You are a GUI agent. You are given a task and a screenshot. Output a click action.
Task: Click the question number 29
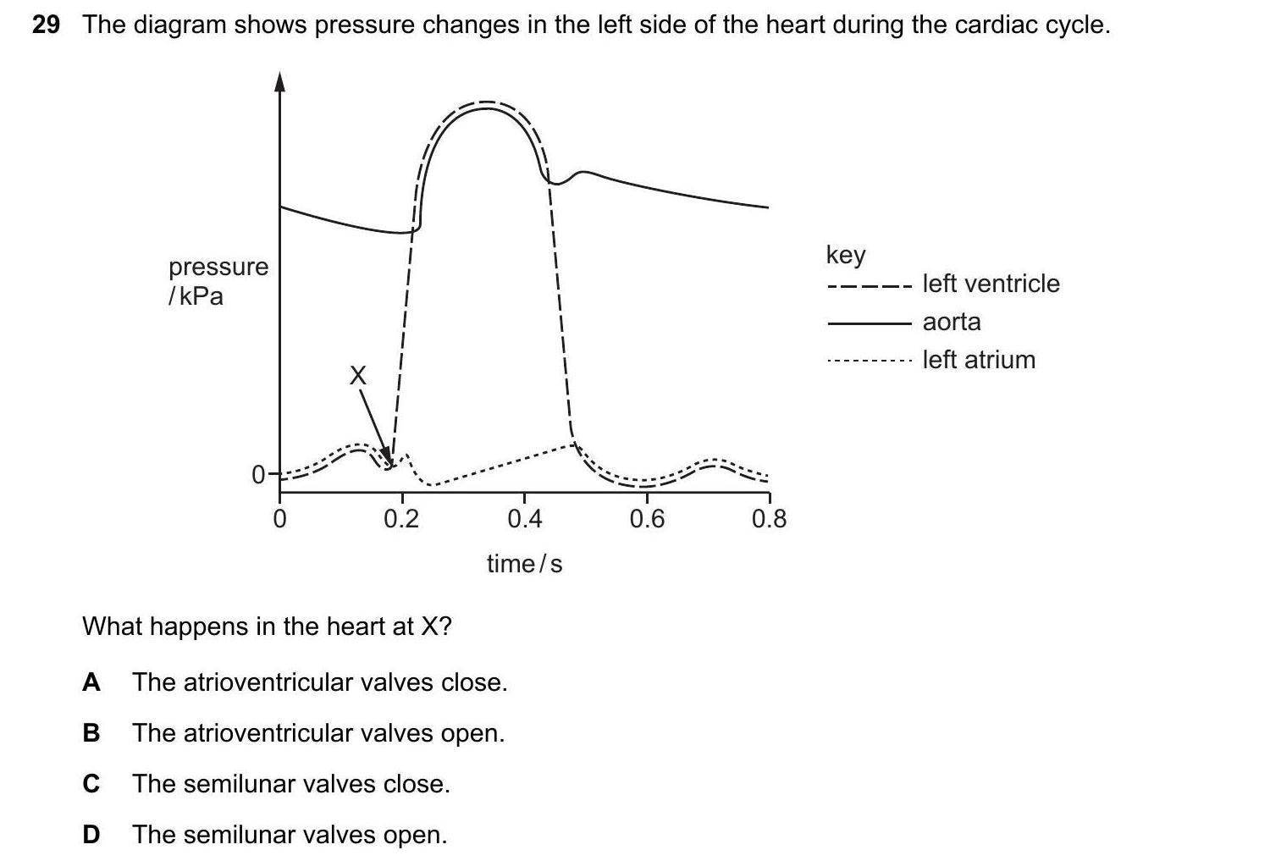tap(46, 25)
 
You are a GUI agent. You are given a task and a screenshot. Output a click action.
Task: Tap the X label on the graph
tap(359, 376)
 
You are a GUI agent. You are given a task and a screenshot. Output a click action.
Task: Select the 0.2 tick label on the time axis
tap(401, 518)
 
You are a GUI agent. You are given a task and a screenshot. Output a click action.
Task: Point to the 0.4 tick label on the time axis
tap(524, 518)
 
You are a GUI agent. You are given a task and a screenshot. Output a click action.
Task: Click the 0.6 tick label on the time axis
tap(647, 518)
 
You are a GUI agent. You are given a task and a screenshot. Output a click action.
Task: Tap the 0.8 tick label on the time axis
tap(769, 518)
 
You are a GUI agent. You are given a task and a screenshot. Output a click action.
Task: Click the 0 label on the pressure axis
tap(259, 476)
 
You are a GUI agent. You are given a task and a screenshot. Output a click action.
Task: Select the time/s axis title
tap(524, 564)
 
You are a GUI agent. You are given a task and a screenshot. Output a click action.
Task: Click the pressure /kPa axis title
tap(218, 281)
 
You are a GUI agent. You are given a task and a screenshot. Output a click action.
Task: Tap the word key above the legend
tap(845, 254)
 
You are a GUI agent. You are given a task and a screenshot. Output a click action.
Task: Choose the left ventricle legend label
tap(991, 284)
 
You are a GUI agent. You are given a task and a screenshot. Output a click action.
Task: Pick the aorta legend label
tap(952, 322)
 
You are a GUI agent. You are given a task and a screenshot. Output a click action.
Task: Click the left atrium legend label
tap(979, 360)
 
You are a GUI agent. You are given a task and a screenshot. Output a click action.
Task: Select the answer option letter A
tap(91, 682)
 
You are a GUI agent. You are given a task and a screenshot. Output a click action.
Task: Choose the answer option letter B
tap(91, 733)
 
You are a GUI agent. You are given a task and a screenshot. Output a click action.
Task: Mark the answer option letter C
tap(91, 784)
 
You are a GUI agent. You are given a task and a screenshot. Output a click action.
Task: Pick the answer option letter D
tap(91, 835)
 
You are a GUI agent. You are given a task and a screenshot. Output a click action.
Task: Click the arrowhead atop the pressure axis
tap(280, 81)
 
